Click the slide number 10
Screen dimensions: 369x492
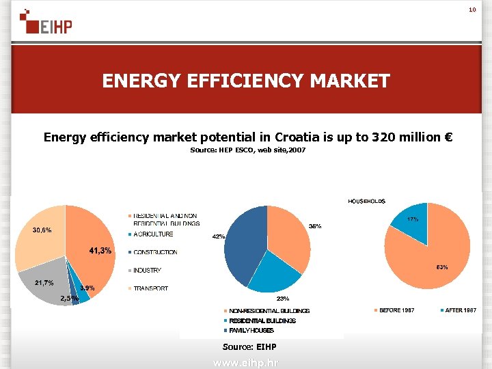coord(471,10)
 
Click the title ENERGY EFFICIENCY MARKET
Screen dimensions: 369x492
coord(246,81)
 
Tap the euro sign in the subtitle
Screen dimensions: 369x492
coord(448,137)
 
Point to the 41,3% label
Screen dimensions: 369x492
coord(100,251)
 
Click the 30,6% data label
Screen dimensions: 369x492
coord(43,230)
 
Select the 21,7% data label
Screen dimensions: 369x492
coord(44,283)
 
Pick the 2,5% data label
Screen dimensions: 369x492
coord(69,299)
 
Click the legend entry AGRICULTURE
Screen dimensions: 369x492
coord(153,234)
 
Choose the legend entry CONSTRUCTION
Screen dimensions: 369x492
coord(155,252)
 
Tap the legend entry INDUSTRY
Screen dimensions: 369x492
coord(147,271)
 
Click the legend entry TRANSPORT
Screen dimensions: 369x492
coord(150,288)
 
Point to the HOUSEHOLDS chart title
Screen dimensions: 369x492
coord(366,202)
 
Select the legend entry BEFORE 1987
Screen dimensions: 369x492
coord(396,310)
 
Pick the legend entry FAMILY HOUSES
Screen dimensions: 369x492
coord(251,331)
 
